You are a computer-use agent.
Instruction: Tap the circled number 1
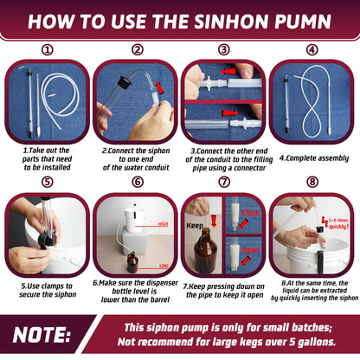[48, 50]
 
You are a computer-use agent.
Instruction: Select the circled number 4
[312, 50]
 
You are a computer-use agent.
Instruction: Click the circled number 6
[138, 182]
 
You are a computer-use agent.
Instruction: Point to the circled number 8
[312, 182]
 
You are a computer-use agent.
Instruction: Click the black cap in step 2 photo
[125, 81]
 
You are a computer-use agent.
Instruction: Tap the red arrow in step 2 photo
[159, 87]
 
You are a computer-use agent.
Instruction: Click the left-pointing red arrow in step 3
[228, 71]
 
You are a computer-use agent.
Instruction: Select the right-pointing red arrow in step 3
[230, 112]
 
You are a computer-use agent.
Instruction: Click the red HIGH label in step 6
[163, 224]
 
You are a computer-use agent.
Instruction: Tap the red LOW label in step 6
[164, 266]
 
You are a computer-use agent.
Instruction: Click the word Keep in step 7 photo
[195, 226]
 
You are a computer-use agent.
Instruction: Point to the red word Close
[250, 213]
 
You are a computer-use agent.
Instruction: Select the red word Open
[250, 250]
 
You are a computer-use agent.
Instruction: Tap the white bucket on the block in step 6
[134, 219]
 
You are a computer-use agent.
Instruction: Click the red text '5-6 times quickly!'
[338, 223]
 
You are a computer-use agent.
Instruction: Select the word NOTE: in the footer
[42, 335]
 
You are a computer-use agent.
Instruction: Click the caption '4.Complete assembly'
[314, 158]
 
